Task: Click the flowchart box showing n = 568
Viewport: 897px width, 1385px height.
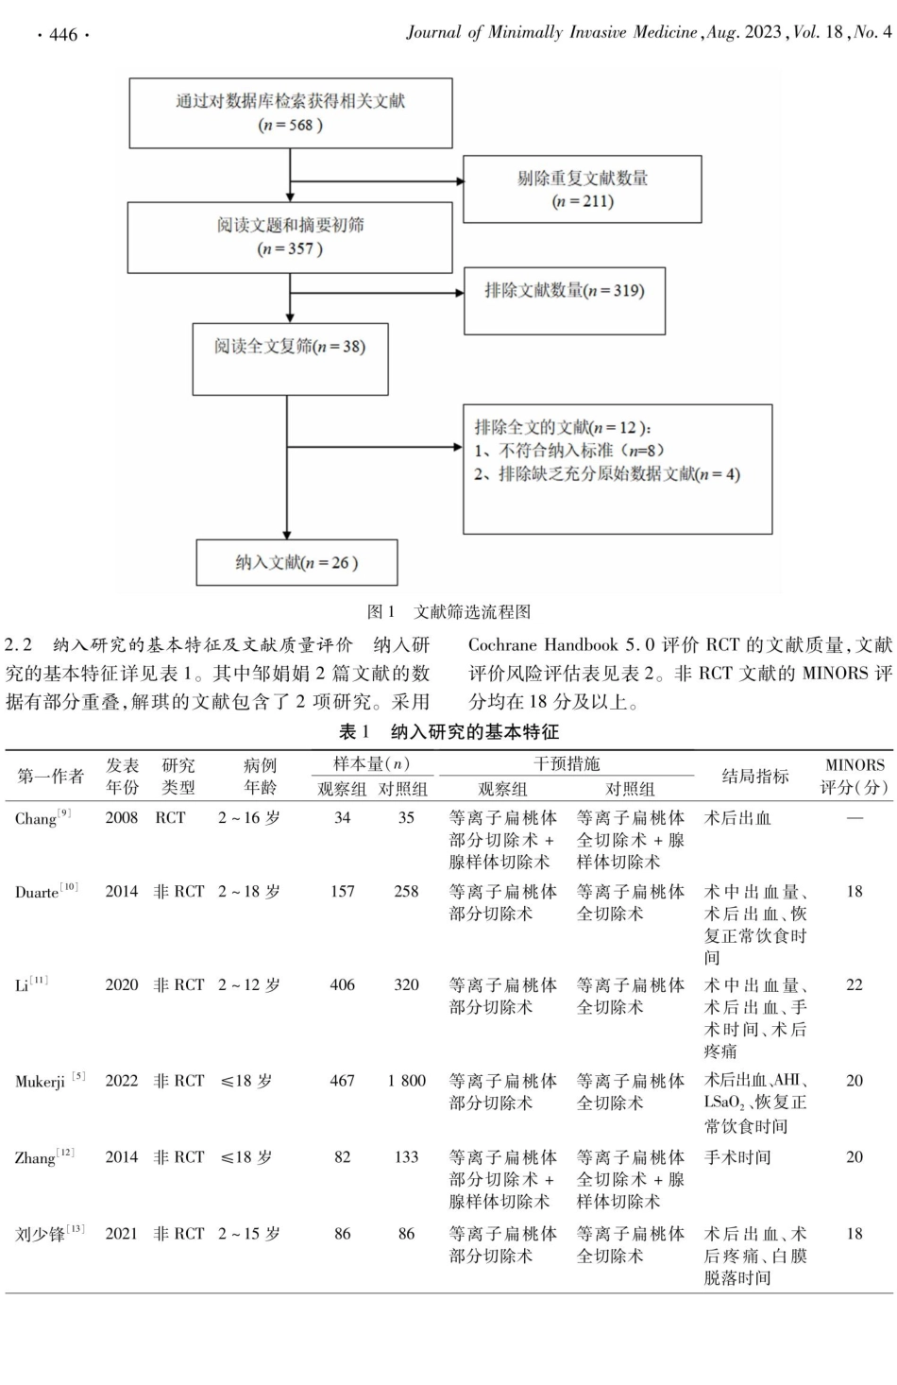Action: pyautogui.click(x=290, y=113)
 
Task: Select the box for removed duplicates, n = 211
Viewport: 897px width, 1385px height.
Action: pyautogui.click(x=583, y=189)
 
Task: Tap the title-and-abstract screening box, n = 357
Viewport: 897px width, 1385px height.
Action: pyautogui.click(x=290, y=238)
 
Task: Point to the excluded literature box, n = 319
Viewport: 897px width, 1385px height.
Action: pyautogui.click(x=565, y=300)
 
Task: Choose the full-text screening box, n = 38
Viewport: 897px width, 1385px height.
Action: pyautogui.click(x=290, y=359)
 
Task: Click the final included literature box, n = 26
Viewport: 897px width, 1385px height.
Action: pyautogui.click(x=296, y=562)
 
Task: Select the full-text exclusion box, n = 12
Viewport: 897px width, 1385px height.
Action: pyautogui.click(x=617, y=469)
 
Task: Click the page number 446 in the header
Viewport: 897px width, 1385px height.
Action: pyautogui.click(x=62, y=35)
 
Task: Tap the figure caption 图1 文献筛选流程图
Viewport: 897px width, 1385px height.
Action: pyautogui.click(x=448, y=611)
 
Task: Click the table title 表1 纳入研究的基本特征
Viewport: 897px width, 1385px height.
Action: pyautogui.click(x=448, y=731)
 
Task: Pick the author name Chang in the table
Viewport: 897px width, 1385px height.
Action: pyautogui.click(x=36, y=818)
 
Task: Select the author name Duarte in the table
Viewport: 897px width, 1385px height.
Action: pyautogui.click(x=39, y=892)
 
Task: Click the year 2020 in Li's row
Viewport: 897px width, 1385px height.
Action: pyautogui.click(x=121, y=984)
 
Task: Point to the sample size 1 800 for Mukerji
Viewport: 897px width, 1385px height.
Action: pyautogui.click(x=406, y=1080)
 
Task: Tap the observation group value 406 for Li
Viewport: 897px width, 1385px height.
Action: pyautogui.click(x=342, y=984)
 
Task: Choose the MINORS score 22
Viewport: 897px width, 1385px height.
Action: pyautogui.click(x=854, y=984)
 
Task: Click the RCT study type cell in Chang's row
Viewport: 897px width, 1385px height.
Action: pyautogui.click(x=171, y=818)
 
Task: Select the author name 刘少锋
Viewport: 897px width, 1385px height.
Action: pyautogui.click(x=41, y=1234)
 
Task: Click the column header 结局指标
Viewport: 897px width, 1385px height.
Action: pyautogui.click(x=754, y=776)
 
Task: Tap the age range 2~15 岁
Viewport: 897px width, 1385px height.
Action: pyautogui.click(x=248, y=1234)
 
